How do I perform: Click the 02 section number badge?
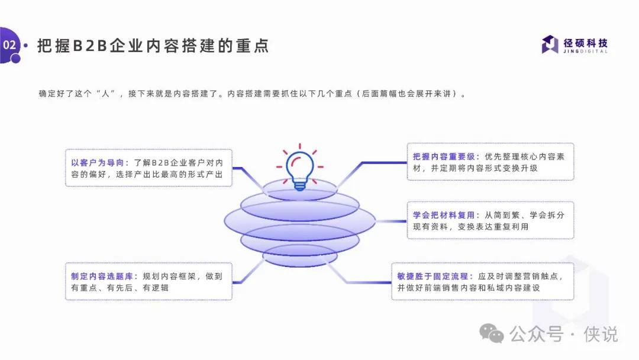(9, 45)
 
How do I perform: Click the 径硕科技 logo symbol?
(550, 44)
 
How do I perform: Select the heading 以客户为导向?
(98, 163)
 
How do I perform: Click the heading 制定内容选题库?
(102, 276)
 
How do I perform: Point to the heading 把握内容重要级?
(444, 156)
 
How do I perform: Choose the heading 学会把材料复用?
(444, 215)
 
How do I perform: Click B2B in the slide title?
(90, 46)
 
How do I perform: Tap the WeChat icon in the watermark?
(492, 333)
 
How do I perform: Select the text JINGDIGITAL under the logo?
(586, 52)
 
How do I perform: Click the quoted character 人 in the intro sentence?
(105, 94)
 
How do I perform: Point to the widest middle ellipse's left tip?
(224, 221)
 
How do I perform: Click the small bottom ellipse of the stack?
(300, 256)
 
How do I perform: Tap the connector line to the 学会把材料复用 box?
(391, 221)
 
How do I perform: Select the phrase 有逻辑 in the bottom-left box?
(155, 288)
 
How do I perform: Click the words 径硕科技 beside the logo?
(586, 43)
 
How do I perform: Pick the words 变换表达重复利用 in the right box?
(493, 227)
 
